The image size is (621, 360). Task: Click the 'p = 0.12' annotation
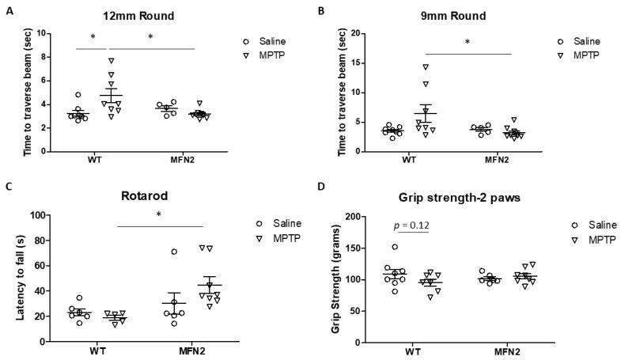[411, 226]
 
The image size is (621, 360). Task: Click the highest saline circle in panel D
[396, 247]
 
